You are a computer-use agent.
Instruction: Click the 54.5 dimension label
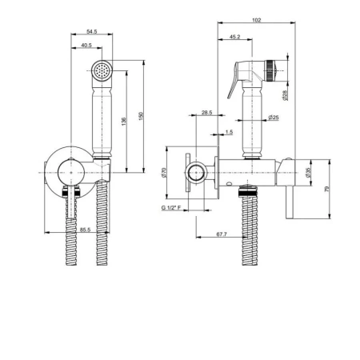[x=92, y=31]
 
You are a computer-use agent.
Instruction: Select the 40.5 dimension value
[x=86, y=46]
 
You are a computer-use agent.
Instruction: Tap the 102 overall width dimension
[x=256, y=20]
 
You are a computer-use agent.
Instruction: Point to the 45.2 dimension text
[x=234, y=37]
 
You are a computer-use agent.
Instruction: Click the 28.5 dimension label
[x=206, y=113]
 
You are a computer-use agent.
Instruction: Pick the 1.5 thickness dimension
[x=229, y=132]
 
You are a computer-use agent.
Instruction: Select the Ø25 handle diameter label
[x=274, y=118]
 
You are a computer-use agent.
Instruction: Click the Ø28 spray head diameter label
[x=285, y=95]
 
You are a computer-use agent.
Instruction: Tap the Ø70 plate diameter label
[x=164, y=172]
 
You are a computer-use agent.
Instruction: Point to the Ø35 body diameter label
[x=308, y=173]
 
